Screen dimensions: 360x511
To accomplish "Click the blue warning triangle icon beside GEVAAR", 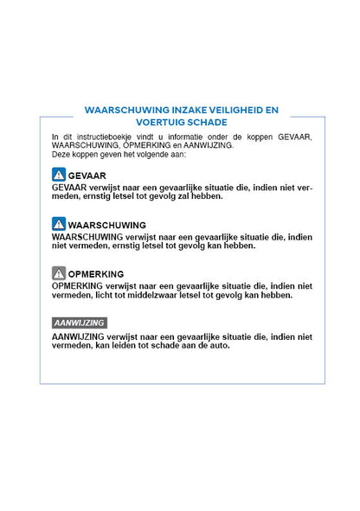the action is point(59,175).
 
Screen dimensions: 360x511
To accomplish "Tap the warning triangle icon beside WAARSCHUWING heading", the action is point(59,224).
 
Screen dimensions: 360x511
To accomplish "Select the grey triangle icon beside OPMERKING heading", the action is point(59,273).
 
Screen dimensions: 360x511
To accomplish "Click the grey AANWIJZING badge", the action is point(79,323).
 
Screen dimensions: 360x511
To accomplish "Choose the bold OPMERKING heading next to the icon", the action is point(96,274).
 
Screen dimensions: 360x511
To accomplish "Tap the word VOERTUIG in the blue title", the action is point(155,123).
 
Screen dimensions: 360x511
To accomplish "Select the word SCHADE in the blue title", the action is point(208,123).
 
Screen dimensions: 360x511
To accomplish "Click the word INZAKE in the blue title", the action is point(173,111).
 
